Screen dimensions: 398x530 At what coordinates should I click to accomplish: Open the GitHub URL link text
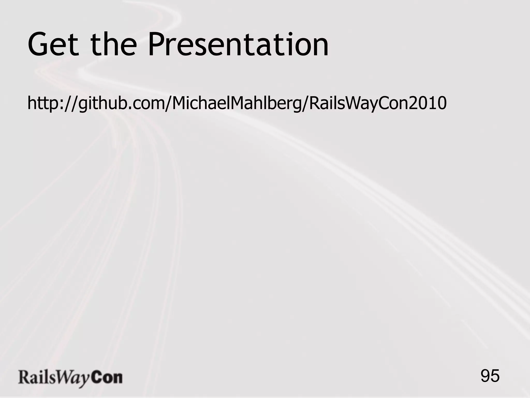click(x=237, y=103)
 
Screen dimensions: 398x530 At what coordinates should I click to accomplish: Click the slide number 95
click(x=490, y=376)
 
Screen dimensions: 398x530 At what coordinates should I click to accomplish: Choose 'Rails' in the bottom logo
click(x=36, y=378)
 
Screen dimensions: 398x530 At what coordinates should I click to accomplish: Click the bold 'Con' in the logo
click(x=107, y=378)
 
